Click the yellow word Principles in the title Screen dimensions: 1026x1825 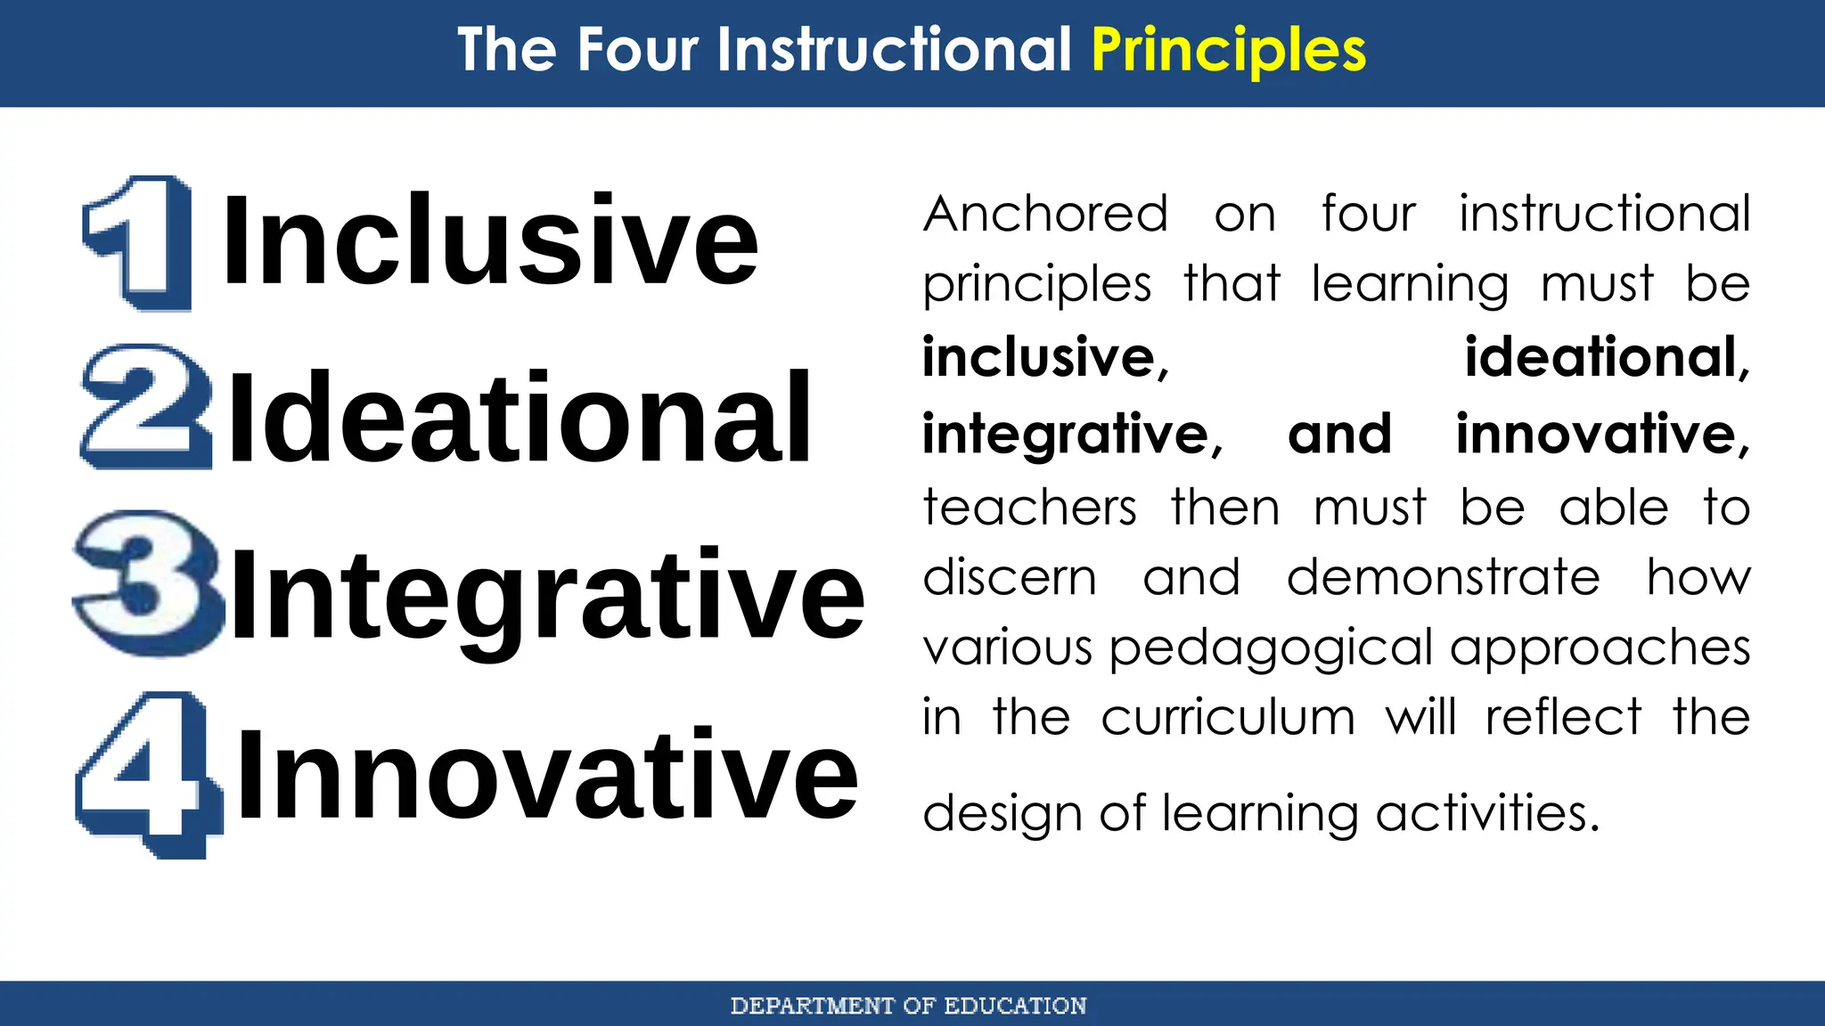(x=1228, y=50)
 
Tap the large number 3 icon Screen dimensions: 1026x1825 (x=148, y=582)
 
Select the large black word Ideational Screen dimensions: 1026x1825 (x=520, y=419)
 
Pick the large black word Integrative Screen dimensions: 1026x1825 (x=547, y=595)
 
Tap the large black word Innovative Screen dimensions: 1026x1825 (x=547, y=773)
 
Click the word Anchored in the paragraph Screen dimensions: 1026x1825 (x=1045, y=215)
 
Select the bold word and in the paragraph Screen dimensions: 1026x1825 (x=1339, y=434)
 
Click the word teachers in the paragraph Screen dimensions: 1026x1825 (x=1029, y=508)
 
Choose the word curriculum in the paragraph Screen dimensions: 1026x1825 (x=1227, y=718)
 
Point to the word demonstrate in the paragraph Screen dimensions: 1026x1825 (x=1443, y=577)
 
